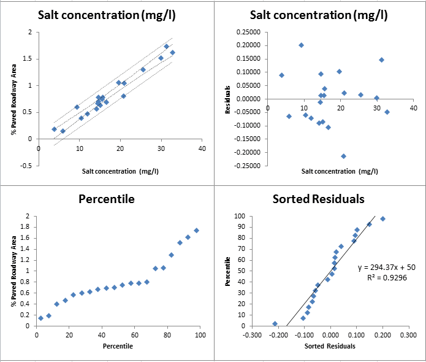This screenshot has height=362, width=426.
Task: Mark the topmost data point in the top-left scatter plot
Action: (166, 47)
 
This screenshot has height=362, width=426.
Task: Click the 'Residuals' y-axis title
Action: (227, 99)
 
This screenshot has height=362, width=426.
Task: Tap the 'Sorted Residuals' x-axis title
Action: (330, 346)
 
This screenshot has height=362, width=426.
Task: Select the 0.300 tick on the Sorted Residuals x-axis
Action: (409, 336)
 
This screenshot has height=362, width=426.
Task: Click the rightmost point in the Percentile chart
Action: (196, 231)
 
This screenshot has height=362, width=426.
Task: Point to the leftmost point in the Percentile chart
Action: (40, 318)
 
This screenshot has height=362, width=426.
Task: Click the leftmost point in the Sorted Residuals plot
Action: (275, 323)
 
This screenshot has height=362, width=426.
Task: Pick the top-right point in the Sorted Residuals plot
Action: (382, 219)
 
